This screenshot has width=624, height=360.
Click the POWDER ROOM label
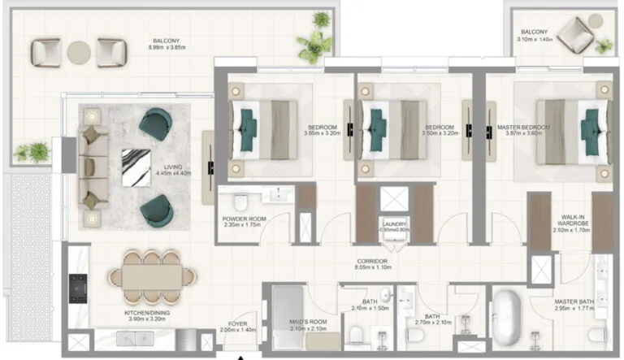coord(245,219)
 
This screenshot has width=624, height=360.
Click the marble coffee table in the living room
coord(136,168)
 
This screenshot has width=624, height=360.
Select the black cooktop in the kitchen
coord(79,284)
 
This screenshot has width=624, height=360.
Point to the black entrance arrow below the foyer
coord(240,356)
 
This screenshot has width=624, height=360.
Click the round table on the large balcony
coord(78,53)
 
